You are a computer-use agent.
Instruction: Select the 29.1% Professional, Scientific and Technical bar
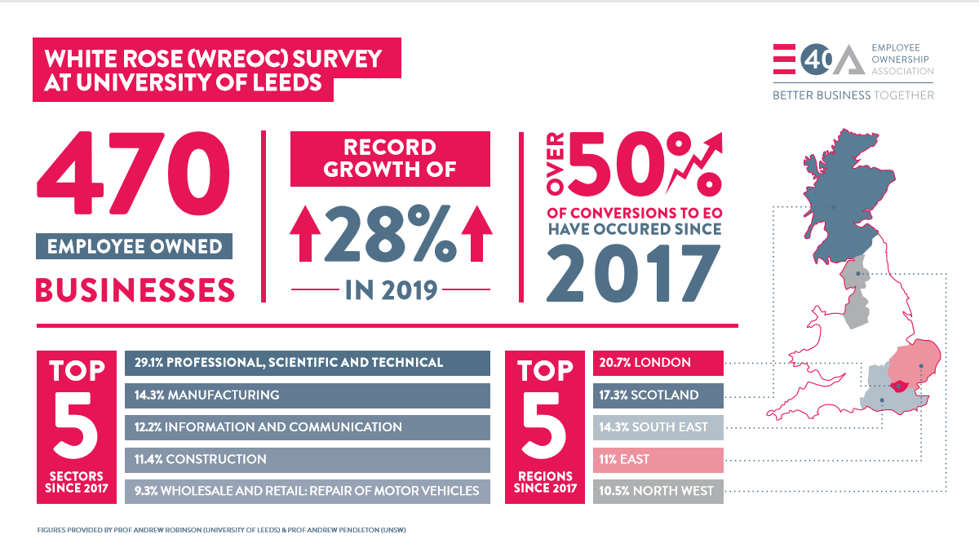pyautogui.click(x=307, y=363)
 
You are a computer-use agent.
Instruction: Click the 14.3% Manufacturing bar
pyautogui.click(x=307, y=395)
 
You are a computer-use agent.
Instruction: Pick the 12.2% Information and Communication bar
pyautogui.click(x=307, y=427)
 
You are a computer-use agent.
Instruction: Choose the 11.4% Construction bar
pyautogui.click(x=307, y=460)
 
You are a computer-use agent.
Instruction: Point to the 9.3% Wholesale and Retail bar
pyautogui.click(x=307, y=492)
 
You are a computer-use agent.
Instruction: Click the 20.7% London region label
pyautogui.click(x=658, y=363)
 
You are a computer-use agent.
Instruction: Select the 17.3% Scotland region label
pyautogui.click(x=658, y=395)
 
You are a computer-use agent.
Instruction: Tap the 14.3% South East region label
pyautogui.click(x=658, y=427)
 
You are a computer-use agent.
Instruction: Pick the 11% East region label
pyautogui.click(x=658, y=460)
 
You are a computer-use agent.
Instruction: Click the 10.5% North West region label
pyautogui.click(x=658, y=492)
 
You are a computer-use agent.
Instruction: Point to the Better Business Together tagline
pyautogui.click(x=853, y=95)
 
